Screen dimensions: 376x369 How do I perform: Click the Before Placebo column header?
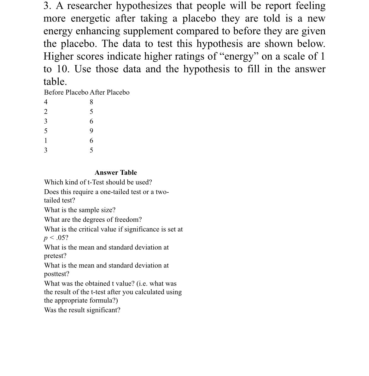(x=66, y=92)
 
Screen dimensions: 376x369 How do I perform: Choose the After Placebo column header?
(x=109, y=92)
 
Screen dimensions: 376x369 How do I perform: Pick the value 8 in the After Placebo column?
(x=91, y=102)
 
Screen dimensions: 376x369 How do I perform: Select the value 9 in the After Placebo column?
(x=91, y=131)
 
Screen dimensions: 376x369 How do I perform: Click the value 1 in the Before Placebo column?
(x=46, y=141)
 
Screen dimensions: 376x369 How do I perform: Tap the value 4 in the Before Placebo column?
(x=46, y=102)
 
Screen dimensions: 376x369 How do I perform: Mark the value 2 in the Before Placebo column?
(x=46, y=112)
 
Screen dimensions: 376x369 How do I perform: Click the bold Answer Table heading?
(x=116, y=173)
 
